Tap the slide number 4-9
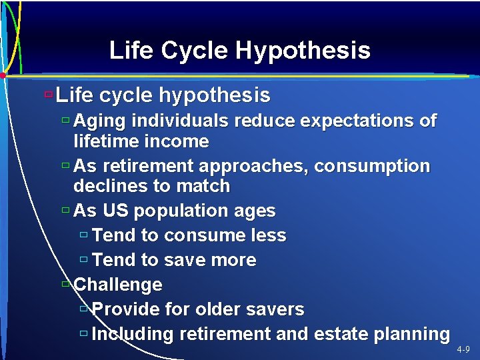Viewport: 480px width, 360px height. [x=463, y=349]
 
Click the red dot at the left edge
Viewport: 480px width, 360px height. [x=3, y=75]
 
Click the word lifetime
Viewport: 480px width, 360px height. [x=107, y=141]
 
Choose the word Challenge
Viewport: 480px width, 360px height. [x=118, y=285]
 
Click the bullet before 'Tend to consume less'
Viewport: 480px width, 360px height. [x=84, y=235]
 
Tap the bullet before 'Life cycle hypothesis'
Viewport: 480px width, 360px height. [x=47, y=95]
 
